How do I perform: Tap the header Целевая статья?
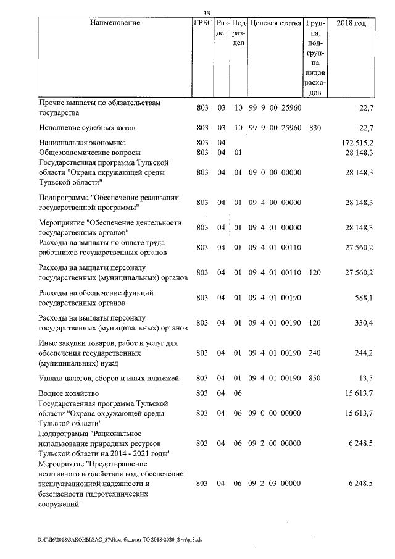click(275, 23)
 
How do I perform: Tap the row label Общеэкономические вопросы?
click(89, 152)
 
